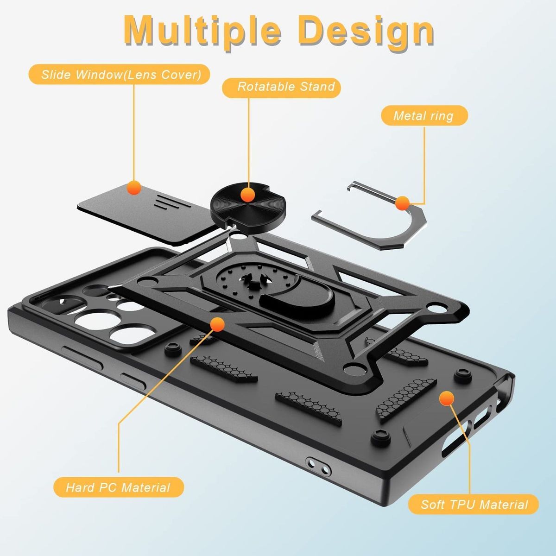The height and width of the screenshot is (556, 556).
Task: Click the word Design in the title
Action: pos(366,32)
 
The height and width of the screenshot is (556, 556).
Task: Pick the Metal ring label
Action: pos(424,115)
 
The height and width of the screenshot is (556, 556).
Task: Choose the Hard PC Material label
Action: pos(119,487)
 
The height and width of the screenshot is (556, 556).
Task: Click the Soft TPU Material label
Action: pos(474,504)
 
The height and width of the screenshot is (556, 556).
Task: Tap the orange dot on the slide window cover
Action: pos(134,188)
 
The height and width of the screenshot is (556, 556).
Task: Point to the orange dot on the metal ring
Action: pos(402,203)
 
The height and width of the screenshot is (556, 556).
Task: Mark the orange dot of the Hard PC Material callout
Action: pos(217,324)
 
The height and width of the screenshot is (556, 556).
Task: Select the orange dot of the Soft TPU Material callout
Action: pos(447,398)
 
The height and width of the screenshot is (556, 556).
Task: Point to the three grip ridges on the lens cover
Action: pos(172,202)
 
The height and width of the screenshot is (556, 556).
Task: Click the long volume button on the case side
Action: pos(82,358)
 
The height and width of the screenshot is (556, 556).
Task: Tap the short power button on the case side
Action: pos(133,381)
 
